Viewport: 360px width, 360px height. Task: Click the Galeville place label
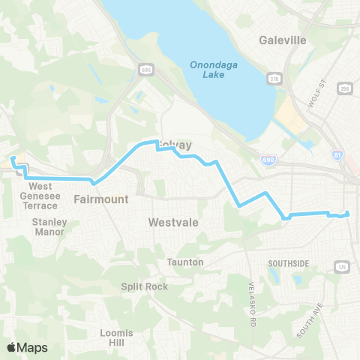(282, 40)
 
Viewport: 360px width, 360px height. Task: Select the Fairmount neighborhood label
(101, 199)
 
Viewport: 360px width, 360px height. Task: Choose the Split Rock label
(140, 286)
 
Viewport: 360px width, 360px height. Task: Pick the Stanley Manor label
(49, 226)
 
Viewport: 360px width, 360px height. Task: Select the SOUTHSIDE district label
(288, 263)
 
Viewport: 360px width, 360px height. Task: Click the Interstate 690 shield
(268, 160)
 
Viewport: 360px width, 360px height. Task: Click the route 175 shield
(343, 266)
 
